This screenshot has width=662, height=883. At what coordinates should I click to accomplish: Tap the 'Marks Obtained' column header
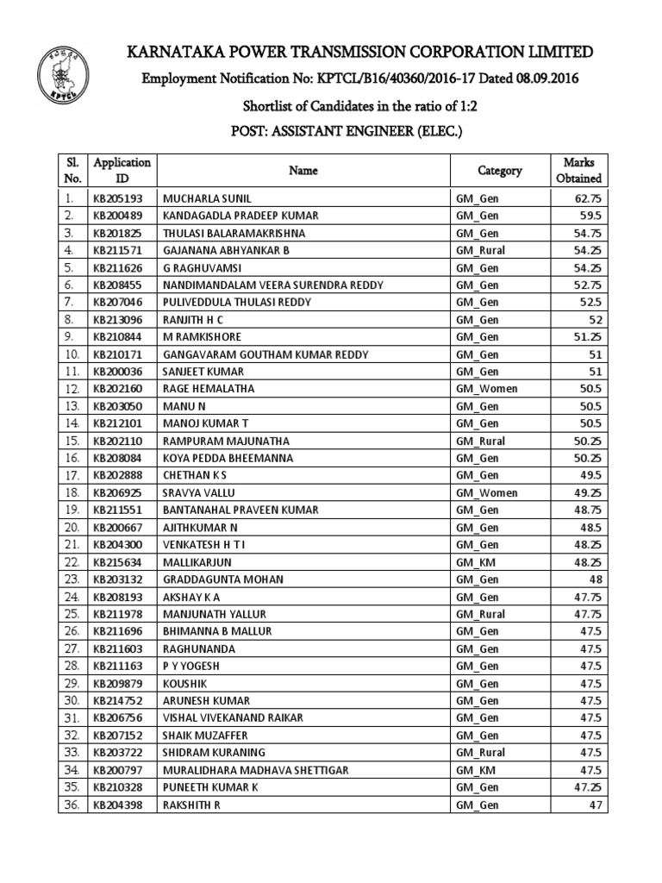pyautogui.click(x=578, y=171)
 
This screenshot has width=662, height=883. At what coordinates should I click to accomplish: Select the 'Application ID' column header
pyautogui.click(x=122, y=171)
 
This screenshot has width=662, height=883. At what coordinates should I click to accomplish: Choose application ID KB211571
pyautogui.click(x=118, y=250)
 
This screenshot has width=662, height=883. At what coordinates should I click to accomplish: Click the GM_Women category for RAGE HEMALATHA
pyautogui.click(x=486, y=389)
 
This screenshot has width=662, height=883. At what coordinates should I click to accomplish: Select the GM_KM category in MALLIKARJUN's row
pyautogui.click(x=476, y=561)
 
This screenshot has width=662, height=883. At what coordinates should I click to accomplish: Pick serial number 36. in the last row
pyautogui.click(x=72, y=805)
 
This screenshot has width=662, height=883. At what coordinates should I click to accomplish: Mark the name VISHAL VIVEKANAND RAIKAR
pyautogui.click(x=229, y=717)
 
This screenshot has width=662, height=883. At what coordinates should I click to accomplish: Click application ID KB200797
pyautogui.click(x=118, y=770)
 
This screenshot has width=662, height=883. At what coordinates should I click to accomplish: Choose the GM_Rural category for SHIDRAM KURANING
pyautogui.click(x=480, y=753)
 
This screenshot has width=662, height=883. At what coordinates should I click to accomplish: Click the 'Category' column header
pyautogui.click(x=500, y=171)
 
